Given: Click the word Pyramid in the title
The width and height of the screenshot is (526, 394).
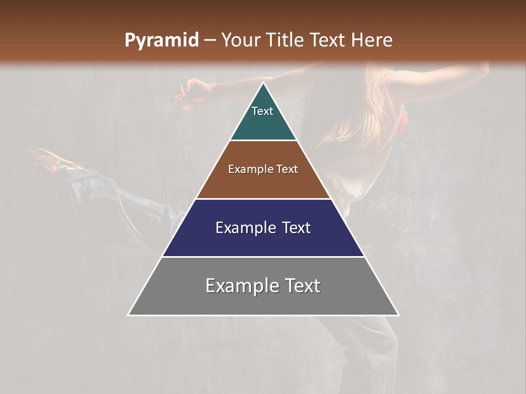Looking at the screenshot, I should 161,40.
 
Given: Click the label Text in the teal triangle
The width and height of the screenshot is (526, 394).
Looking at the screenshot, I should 262,111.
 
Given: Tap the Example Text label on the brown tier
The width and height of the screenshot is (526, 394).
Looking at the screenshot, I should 263,169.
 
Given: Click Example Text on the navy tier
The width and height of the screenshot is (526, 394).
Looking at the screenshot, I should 263,228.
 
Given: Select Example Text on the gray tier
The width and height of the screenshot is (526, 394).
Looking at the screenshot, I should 263,286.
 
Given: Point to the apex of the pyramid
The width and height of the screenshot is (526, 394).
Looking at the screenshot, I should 264,83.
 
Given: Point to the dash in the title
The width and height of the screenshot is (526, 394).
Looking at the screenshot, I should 209,40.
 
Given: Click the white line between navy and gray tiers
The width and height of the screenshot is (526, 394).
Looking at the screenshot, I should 263,257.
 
